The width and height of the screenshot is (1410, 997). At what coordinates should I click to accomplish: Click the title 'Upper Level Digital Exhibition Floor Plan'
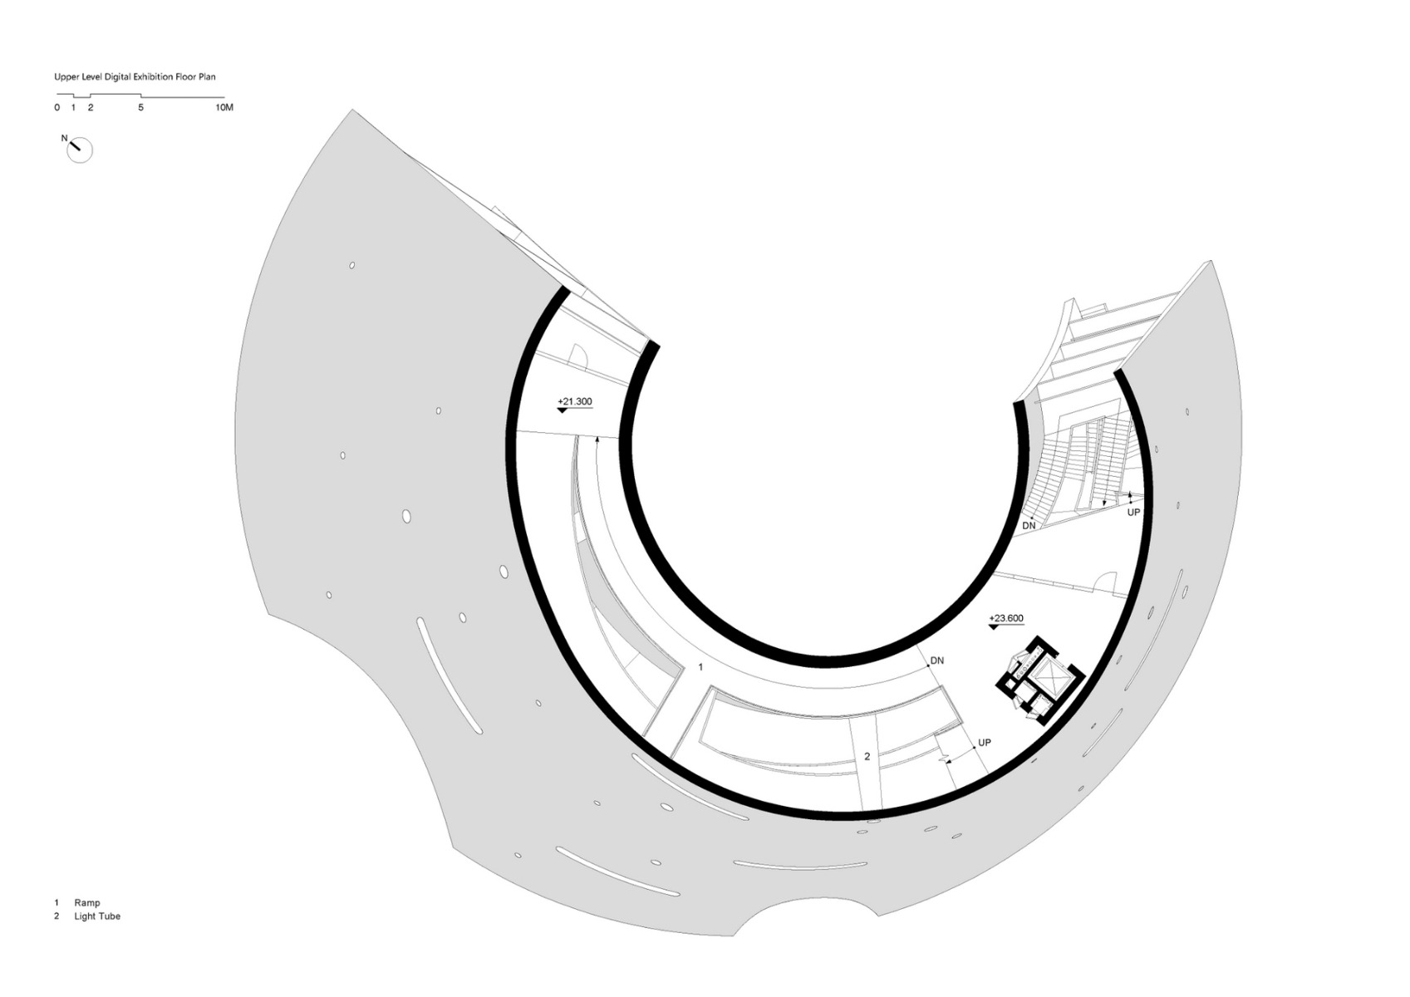(x=135, y=77)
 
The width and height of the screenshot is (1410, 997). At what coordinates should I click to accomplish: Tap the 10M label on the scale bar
(x=224, y=108)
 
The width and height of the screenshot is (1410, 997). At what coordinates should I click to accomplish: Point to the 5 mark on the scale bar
(x=140, y=108)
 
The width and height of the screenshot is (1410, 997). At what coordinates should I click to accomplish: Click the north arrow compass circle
(x=81, y=150)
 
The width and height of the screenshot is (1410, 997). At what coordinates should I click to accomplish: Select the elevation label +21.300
(x=575, y=402)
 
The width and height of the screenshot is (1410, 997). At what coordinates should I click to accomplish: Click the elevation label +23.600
(x=1006, y=618)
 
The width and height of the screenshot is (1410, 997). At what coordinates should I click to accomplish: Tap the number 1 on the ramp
(x=700, y=667)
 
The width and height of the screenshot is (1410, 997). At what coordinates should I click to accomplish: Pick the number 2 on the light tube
(x=867, y=756)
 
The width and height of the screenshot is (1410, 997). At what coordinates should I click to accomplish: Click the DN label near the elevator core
(x=937, y=661)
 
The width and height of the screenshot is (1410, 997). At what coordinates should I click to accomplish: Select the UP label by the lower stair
(x=985, y=743)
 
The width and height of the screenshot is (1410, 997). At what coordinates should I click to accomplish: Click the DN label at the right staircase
(x=1029, y=526)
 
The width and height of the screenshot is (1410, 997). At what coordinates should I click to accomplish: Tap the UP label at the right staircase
(x=1133, y=513)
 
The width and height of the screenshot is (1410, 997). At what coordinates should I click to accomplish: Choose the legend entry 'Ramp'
(x=87, y=902)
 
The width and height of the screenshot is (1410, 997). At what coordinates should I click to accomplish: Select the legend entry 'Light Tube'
(x=97, y=916)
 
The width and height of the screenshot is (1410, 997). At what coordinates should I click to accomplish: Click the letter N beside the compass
(x=64, y=138)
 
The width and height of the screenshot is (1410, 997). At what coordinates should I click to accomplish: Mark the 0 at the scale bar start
(x=57, y=108)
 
